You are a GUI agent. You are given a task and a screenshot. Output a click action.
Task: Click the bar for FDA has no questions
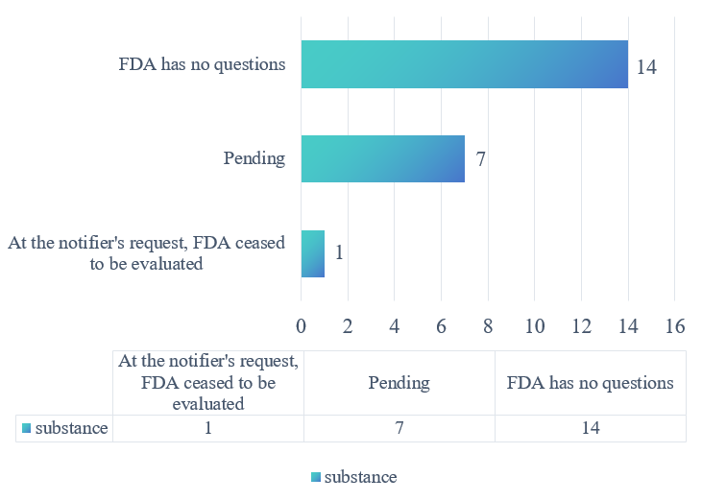click(464, 64)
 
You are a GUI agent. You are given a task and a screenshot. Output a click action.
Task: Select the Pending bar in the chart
click(382, 158)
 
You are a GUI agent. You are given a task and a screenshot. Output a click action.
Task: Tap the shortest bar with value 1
click(313, 253)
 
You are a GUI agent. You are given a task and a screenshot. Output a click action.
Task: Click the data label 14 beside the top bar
click(646, 68)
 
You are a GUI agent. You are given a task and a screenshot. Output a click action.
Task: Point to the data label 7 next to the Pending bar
click(481, 159)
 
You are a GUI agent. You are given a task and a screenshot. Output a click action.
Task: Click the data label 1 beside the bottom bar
click(340, 253)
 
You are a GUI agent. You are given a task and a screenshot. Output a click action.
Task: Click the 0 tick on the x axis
click(302, 326)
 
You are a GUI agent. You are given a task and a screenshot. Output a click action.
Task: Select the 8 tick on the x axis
click(488, 326)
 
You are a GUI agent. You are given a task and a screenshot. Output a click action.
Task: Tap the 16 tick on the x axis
click(674, 326)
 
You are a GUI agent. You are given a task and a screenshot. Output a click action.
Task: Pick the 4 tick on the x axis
click(395, 326)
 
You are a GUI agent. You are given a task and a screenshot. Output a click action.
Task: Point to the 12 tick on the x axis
click(581, 326)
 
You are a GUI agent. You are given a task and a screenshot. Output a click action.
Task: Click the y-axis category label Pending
click(254, 158)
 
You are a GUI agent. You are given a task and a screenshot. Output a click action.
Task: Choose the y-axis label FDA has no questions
click(202, 65)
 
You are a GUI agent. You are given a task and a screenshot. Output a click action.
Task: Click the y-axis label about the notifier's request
click(146, 253)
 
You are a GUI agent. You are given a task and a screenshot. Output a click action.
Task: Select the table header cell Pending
click(399, 382)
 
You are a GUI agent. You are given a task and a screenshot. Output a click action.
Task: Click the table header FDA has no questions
click(590, 382)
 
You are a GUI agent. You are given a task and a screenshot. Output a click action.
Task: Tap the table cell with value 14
click(590, 428)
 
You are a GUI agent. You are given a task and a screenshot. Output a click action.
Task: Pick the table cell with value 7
click(399, 428)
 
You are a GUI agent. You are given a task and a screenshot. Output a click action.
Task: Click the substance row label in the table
click(65, 428)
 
